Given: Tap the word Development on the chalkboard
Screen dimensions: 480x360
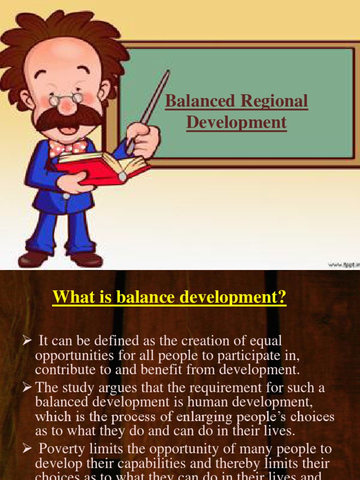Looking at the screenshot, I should (236, 122).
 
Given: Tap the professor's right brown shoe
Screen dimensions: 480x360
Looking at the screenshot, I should (87, 259).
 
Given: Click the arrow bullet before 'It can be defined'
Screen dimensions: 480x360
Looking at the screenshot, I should (27, 340).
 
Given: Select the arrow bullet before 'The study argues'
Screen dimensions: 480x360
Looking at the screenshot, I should (27, 388).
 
